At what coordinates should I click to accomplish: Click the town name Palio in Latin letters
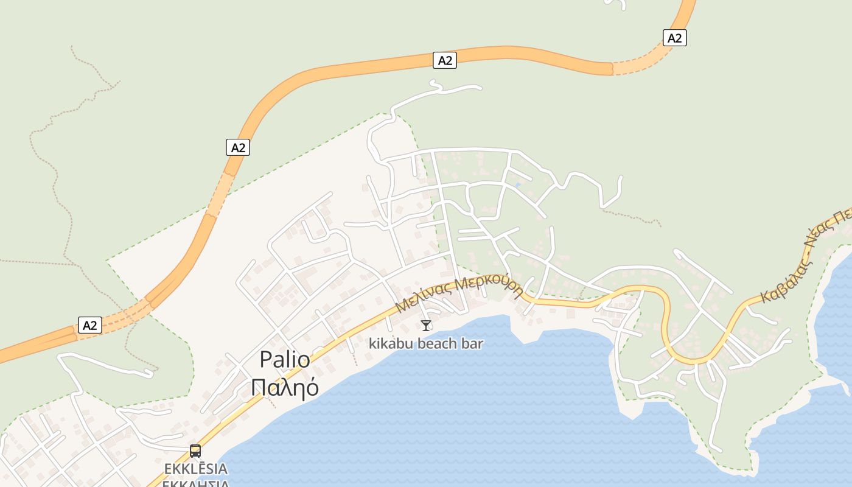coord(285,359)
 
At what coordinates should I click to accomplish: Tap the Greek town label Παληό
coord(285,387)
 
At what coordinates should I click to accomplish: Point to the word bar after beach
coord(473,343)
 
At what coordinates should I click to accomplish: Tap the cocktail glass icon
coord(426,326)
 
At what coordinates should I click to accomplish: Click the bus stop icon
coord(195,451)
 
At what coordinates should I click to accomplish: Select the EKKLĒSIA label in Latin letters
coord(196,469)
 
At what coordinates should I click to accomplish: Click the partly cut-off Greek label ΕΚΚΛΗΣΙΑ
coord(196,483)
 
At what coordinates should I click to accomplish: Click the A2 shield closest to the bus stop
coord(89,325)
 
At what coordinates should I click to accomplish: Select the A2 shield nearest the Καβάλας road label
coord(674,38)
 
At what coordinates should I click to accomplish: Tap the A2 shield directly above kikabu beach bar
coord(445,60)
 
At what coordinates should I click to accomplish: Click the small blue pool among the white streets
coord(518,184)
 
